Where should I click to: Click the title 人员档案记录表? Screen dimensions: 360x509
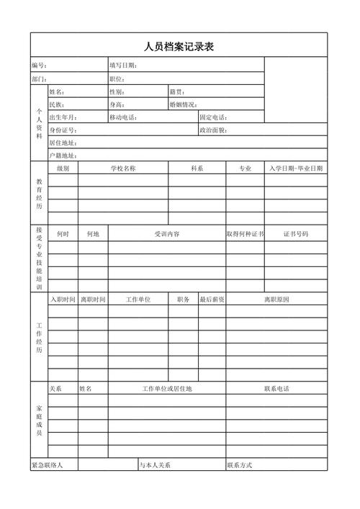179,48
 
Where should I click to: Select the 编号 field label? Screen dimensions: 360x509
39,66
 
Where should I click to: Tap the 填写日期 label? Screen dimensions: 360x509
123,66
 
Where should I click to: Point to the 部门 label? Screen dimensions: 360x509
39,78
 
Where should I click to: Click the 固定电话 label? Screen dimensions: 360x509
213,117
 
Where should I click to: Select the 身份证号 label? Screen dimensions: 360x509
63,130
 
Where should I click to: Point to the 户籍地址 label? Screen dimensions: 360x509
63,156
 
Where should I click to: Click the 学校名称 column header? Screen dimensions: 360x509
123,168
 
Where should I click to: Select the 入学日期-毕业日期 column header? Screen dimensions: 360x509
295,168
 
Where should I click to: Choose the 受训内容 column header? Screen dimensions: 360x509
167,234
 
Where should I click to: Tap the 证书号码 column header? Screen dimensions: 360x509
295,234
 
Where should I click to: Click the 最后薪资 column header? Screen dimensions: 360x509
212,299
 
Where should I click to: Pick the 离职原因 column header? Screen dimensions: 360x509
276,299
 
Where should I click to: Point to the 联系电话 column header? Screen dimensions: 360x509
276,389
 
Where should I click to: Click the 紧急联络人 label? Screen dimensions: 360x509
47,465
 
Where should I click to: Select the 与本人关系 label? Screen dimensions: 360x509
156,465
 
